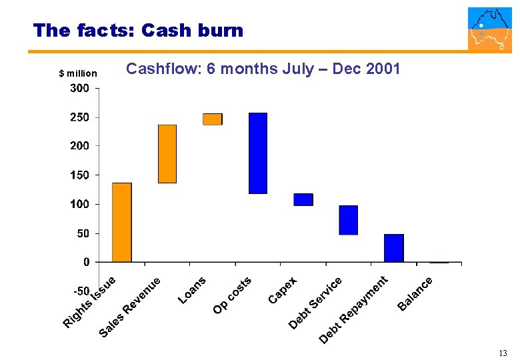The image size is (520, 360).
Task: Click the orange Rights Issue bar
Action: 122,222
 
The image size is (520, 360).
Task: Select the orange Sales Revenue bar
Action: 167,153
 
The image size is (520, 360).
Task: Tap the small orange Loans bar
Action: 213,119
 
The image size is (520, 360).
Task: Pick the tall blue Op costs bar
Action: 258,153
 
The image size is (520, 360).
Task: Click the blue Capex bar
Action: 303,199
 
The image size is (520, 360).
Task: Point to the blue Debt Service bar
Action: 349,220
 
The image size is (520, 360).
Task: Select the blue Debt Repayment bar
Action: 394,247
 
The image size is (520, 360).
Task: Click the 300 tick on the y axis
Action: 80,88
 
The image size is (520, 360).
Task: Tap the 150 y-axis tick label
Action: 80,175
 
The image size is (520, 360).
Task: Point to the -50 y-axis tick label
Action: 80,291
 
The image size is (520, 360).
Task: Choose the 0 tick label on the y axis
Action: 86,262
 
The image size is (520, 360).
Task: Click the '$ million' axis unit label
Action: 78,73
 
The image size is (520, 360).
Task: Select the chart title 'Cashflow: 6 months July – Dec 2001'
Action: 263,69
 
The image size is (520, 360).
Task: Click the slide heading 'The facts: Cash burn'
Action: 138,30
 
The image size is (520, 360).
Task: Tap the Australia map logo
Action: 490,29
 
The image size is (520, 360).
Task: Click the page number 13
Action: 503,353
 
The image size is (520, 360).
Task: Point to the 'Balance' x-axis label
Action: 416,294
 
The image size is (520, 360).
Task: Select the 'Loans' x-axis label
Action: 193,290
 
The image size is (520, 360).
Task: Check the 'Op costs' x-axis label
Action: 232,295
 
